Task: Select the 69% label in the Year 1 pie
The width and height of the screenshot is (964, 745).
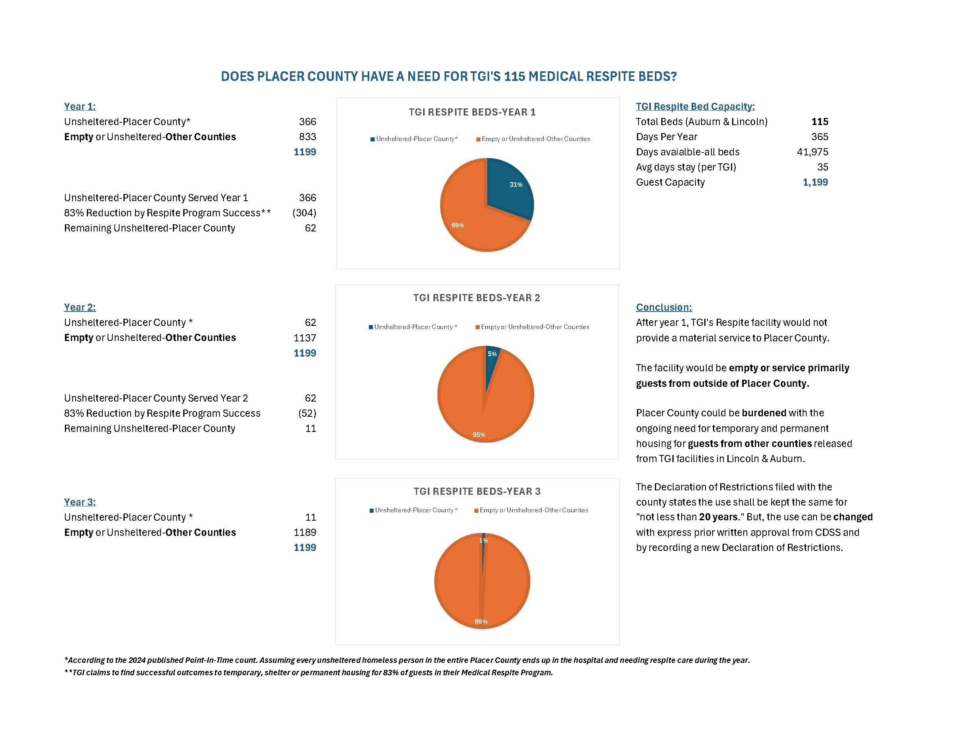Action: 458,225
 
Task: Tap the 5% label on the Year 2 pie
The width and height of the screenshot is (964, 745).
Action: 492,354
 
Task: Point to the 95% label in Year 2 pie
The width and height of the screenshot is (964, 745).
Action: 479,435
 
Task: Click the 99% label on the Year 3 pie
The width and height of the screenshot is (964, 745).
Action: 481,621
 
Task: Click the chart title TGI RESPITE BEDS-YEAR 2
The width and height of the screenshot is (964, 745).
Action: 477,298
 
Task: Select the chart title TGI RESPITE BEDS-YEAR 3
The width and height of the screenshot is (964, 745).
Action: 477,491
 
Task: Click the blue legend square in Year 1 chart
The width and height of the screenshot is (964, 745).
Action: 372,139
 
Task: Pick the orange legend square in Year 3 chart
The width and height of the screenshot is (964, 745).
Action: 477,511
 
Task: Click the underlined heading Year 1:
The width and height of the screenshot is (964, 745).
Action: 80,106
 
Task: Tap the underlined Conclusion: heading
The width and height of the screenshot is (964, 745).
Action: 664,307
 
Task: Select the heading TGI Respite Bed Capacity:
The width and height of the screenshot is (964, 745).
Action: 695,106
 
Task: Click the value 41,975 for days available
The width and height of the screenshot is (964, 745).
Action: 812,152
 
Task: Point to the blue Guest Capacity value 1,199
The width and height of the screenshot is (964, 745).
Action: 815,182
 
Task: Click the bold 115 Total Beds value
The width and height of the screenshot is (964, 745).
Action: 820,122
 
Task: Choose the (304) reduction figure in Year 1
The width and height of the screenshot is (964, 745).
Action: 304,213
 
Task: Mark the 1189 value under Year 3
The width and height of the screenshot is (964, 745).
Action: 305,532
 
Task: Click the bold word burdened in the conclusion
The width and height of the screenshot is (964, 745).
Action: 764,413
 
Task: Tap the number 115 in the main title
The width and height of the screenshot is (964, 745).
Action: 514,76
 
